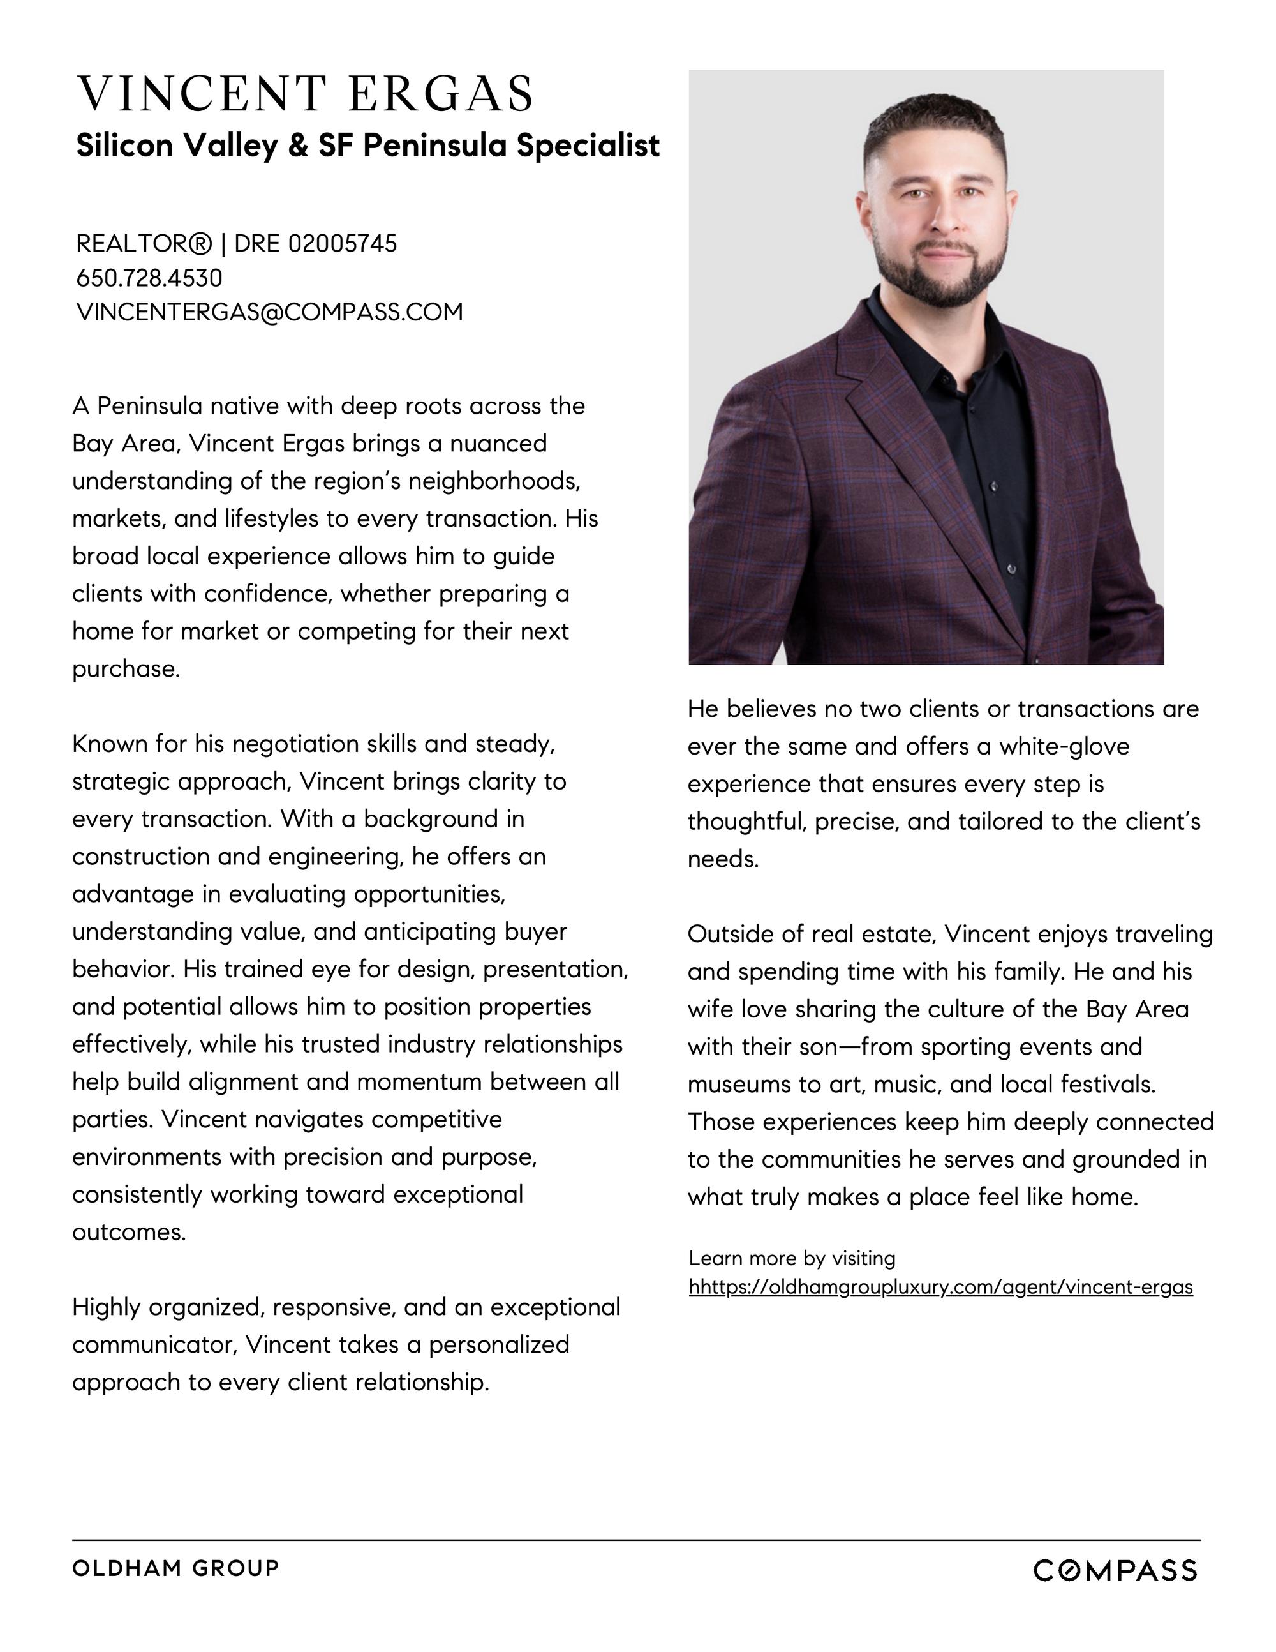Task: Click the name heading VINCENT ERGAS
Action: point(306,94)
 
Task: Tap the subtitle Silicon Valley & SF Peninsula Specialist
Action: point(367,146)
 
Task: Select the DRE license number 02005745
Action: point(343,244)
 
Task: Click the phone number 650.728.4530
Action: point(150,278)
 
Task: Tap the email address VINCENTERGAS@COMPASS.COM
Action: point(269,312)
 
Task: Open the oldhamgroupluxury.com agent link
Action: point(940,1287)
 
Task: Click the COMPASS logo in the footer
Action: point(1115,1570)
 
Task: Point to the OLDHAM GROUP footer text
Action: point(175,1568)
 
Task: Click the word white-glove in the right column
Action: point(1064,747)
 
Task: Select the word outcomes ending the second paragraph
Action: point(128,1232)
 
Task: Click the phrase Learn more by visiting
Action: point(792,1258)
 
